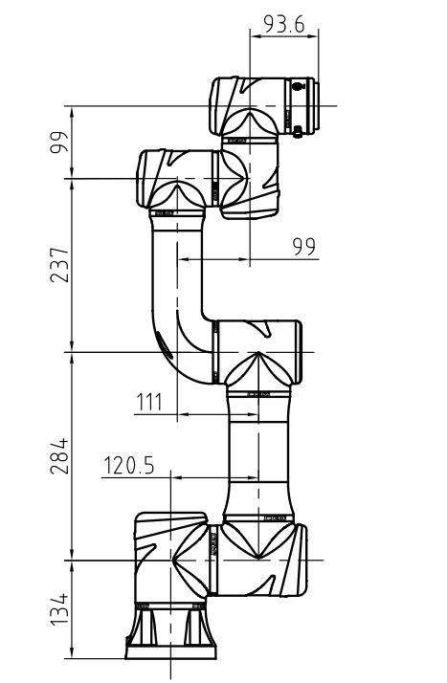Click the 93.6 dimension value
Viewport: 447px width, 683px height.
284,24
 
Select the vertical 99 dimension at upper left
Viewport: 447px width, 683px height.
60,143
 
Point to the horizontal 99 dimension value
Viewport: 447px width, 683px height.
304,247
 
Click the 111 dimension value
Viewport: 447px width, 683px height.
148,402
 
